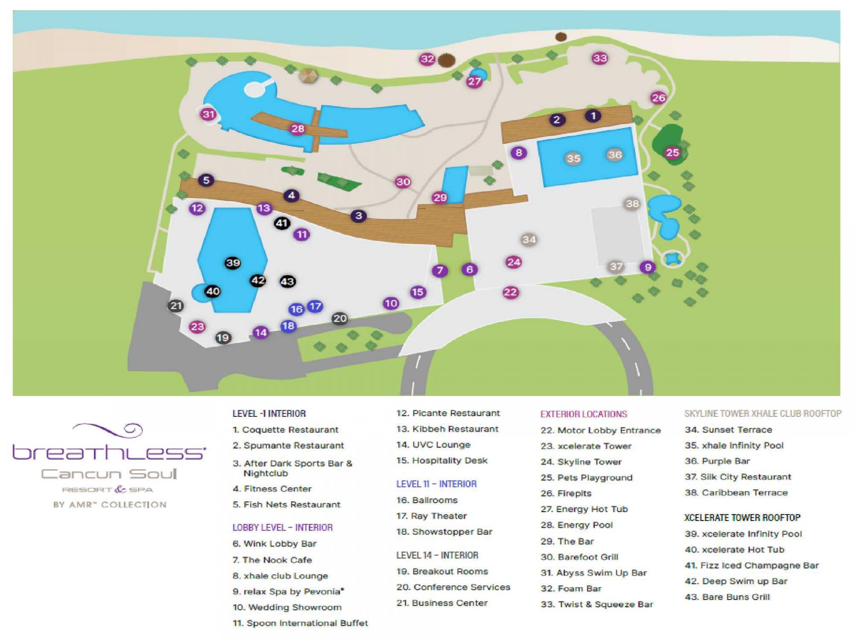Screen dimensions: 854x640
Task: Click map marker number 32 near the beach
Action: tap(427, 59)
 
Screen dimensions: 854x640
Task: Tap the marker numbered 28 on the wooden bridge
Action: tap(298, 129)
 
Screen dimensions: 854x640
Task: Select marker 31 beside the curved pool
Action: tap(208, 114)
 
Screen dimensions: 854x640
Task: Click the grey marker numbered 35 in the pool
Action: tap(573, 158)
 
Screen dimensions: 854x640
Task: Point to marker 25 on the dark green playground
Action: tap(672, 153)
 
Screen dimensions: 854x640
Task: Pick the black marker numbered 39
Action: tap(233, 263)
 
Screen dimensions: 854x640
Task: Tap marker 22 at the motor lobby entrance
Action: tap(510, 292)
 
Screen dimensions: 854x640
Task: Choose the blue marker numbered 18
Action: tap(288, 326)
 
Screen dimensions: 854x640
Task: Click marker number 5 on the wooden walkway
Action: tap(206, 180)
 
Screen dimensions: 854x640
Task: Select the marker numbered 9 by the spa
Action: tap(648, 267)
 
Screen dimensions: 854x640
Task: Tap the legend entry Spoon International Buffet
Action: tap(301, 623)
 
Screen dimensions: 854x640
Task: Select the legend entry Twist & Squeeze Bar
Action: tap(597, 604)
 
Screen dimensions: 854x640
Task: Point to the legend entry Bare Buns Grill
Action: tap(727, 597)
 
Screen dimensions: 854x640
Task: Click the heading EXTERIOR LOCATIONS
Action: tap(584, 414)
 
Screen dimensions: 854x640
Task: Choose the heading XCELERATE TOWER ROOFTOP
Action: tap(742, 518)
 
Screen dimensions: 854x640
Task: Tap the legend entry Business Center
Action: tap(442, 603)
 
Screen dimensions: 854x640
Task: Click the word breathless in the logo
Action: tap(109, 452)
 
